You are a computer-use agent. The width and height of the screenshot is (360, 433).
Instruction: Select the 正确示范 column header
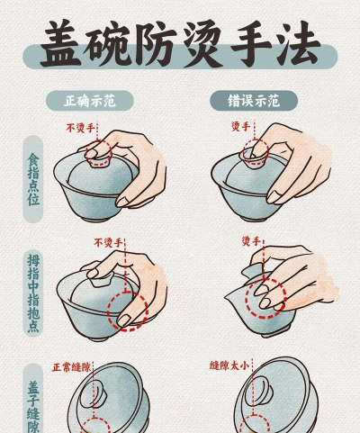pyautogui.click(x=98, y=100)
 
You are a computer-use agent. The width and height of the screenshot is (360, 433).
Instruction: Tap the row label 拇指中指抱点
pyautogui.click(x=33, y=293)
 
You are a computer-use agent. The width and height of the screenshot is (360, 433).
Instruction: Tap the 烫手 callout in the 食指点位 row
pyautogui.click(x=239, y=126)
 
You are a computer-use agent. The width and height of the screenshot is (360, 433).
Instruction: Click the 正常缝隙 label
pyautogui.click(x=71, y=366)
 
